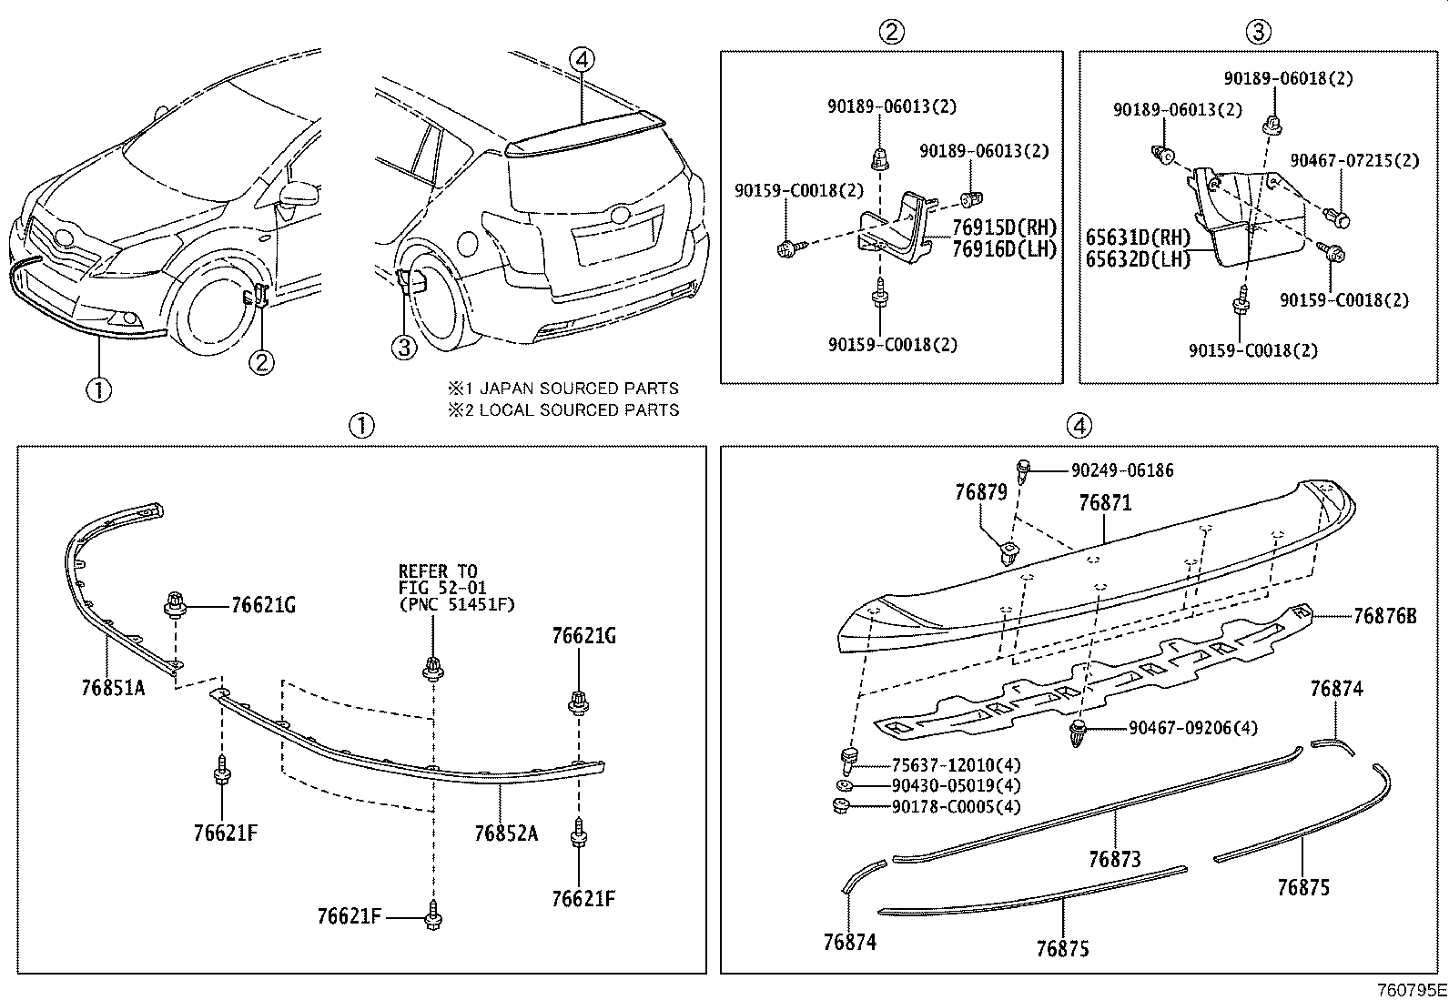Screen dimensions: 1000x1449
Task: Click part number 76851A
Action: [113, 688]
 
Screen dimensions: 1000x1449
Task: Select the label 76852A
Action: [505, 833]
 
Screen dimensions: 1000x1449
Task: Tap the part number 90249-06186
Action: [1121, 470]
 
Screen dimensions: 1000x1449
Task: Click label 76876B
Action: [1384, 616]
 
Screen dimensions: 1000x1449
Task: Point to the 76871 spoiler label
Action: [1104, 502]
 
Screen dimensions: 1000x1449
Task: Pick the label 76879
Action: [980, 492]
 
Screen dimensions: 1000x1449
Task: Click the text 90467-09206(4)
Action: [1192, 728]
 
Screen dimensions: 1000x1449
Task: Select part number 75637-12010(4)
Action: [943, 765]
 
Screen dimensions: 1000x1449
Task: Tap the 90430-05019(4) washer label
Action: [943, 785]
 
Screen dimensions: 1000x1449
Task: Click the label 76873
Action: [1114, 859]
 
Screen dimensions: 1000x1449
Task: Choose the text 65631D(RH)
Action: [1138, 237]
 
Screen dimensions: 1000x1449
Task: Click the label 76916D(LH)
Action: [1004, 248]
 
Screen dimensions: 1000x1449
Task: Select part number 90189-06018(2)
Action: [1287, 79]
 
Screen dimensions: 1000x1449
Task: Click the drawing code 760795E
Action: [1410, 989]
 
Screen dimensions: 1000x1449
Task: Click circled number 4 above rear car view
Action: [582, 59]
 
